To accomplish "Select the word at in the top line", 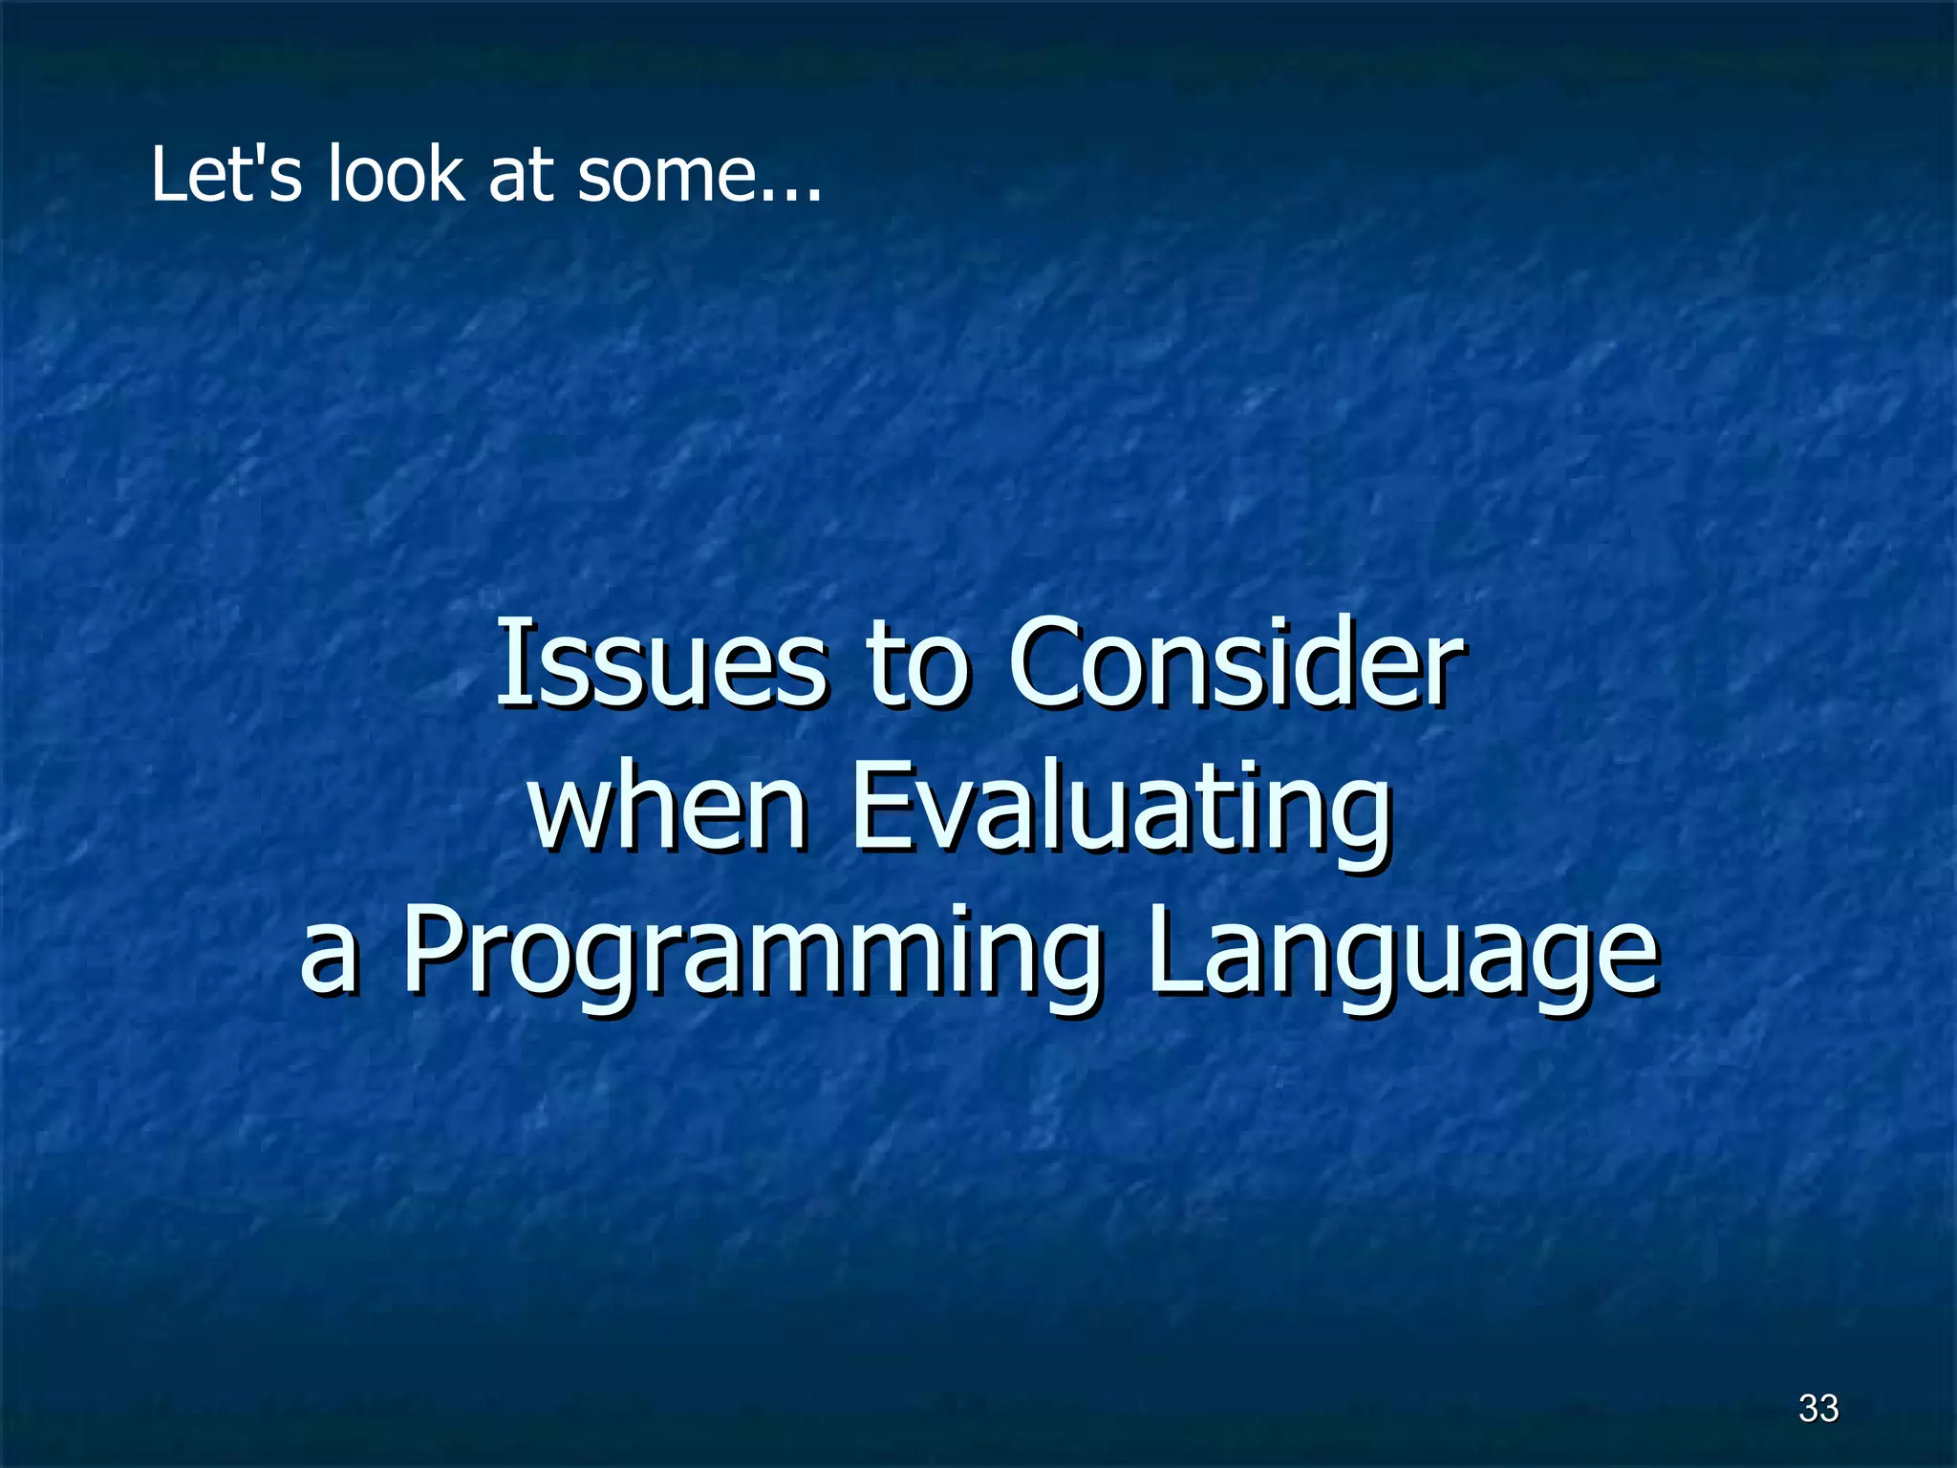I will click(522, 176).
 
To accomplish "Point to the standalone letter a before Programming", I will click(329, 956).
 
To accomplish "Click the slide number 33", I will click(1817, 1408).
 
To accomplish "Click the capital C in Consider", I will click(1047, 662).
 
